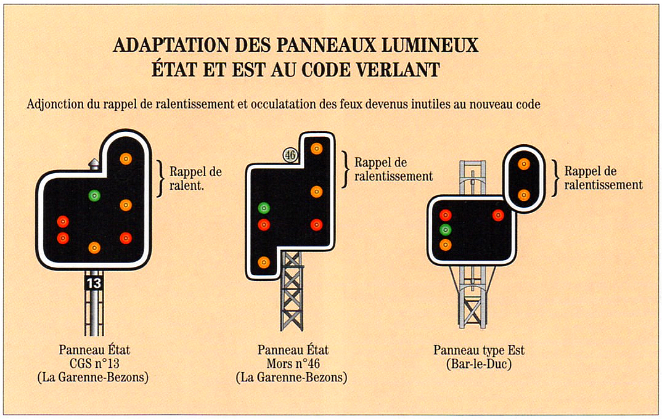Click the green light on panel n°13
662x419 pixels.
click(x=94, y=195)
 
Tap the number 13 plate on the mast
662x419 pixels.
click(x=94, y=283)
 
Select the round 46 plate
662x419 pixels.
click(x=290, y=155)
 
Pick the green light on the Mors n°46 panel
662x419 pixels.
click(x=264, y=208)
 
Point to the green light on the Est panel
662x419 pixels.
click(x=446, y=230)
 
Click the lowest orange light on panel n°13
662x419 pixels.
click(x=94, y=248)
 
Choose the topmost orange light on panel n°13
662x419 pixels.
click(x=126, y=158)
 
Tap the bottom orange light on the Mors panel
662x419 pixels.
click(x=264, y=262)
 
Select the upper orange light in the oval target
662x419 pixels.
click(x=524, y=164)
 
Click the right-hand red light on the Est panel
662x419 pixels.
click(x=498, y=215)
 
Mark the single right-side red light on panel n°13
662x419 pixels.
click(x=126, y=238)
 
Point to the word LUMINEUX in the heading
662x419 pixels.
click(x=430, y=45)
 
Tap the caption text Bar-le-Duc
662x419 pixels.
click(x=479, y=364)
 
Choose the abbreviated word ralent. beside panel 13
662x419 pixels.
click(x=187, y=185)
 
